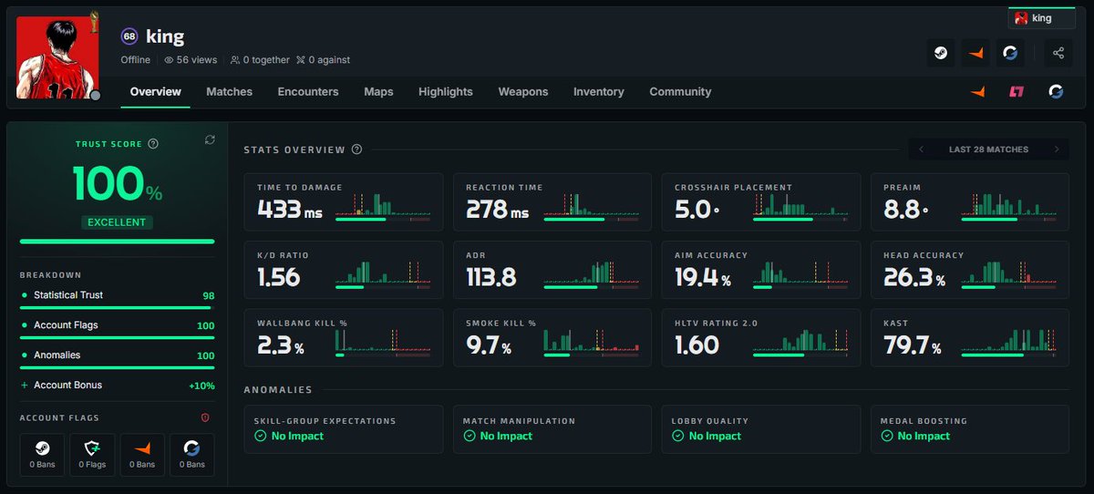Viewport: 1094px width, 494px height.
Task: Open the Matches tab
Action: click(229, 92)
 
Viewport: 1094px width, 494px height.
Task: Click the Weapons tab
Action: click(523, 92)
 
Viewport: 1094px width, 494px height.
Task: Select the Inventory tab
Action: click(599, 92)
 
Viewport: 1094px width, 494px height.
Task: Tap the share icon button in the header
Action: click(1058, 53)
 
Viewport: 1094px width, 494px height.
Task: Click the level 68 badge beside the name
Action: click(129, 36)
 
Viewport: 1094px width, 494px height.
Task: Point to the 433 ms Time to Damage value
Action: click(290, 210)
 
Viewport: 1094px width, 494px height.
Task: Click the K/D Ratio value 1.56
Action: click(278, 277)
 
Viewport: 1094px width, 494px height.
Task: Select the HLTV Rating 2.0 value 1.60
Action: click(697, 345)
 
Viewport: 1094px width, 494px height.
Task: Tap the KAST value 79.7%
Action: click(912, 345)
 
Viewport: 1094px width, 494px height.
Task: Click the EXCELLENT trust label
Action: click(117, 222)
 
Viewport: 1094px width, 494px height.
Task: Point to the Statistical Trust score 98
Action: click(209, 296)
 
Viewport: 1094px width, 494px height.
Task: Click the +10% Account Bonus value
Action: click(201, 386)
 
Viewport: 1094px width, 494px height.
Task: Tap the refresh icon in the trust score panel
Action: click(210, 140)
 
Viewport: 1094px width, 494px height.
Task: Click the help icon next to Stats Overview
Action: click(357, 149)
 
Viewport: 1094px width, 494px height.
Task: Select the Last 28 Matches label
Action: click(988, 149)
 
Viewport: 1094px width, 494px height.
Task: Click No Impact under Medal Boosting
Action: click(924, 436)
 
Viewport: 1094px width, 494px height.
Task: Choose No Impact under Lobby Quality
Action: click(715, 436)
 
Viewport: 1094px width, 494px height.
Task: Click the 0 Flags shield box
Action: click(92, 455)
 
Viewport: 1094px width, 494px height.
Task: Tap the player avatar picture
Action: click(57, 57)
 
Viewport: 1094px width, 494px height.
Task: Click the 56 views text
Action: click(191, 60)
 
